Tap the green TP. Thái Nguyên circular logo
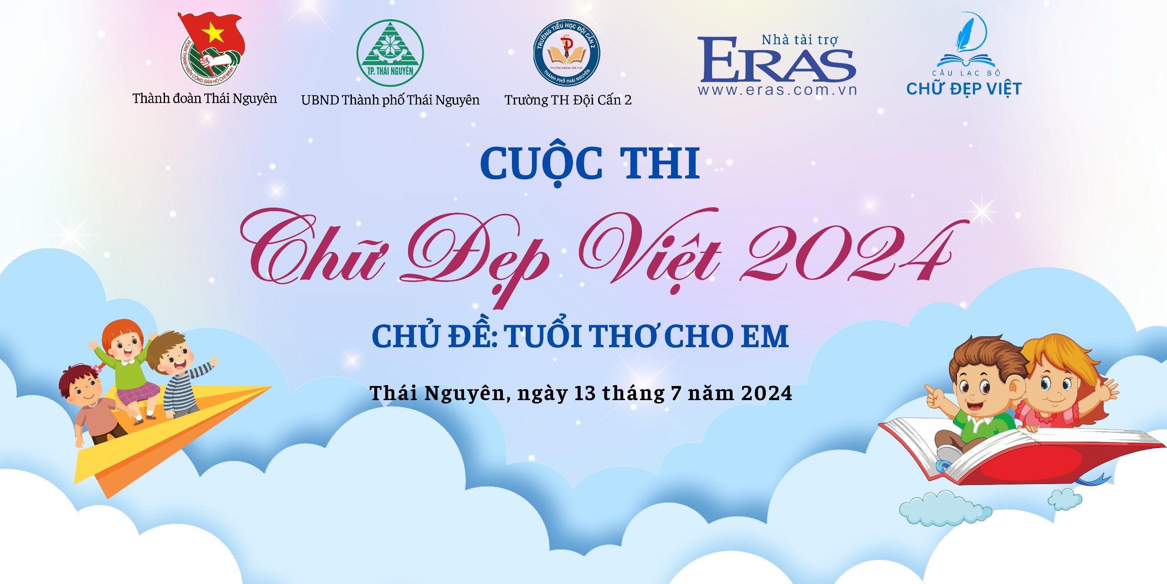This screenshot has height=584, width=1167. [x=390, y=53]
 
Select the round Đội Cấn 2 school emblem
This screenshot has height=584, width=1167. [x=567, y=53]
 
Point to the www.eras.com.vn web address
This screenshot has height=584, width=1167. [x=777, y=90]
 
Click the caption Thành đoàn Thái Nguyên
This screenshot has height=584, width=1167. [x=205, y=99]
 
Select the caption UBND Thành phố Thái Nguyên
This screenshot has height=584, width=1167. [x=390, y=100]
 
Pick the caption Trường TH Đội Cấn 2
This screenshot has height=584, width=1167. [x=568, y=100]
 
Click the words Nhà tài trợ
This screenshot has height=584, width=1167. [x=800, y=40]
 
